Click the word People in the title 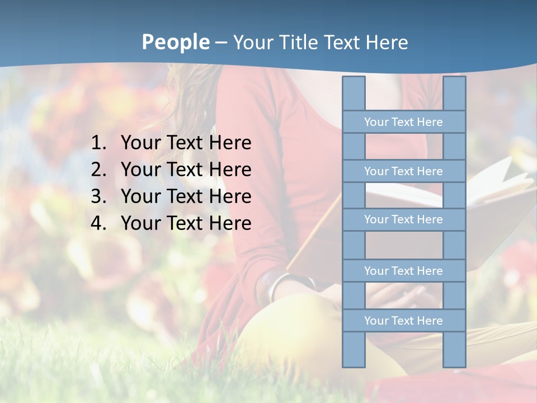coord(175,43)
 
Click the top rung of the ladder coord(403,122)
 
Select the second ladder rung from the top coord(403,171)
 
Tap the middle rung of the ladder coord(403,219)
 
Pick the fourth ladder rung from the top coord(403,271)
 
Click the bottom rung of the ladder coord(403,321)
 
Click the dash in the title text coord(221,43)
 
